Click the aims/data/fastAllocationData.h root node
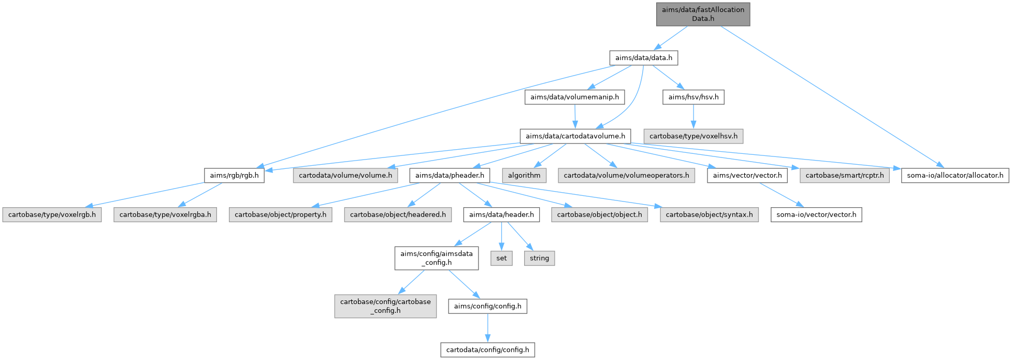coord(703,14)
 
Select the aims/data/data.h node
coord(643,57)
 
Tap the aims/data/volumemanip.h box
coord(574,97)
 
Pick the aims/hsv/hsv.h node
coord(693,97)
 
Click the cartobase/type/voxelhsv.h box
coord(693,136)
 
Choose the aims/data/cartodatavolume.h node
coord(575,136)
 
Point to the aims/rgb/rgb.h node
coord(234,175)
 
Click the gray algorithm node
coord(524,175)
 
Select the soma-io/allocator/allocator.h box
coord(955,175)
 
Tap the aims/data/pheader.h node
coord(450,175)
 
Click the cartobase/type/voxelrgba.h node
coord(165,214)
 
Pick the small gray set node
coord(501,258)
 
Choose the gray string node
coord(539,258)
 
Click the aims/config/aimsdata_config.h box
coord(436,258)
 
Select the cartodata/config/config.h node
coord(487,350)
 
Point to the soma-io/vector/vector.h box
coord(816,214)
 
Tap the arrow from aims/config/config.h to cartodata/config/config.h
coord(487,328)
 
